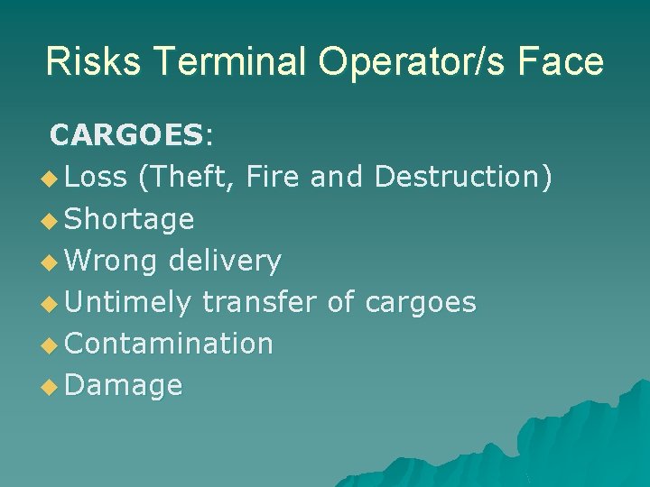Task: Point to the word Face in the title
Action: tap(565, 62)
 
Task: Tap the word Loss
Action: tap(97, 177)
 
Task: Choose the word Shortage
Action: tap(130, 219)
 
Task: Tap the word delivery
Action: tap(225, 262)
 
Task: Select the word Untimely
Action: tap(128, 302)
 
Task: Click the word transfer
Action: tap(260, 302)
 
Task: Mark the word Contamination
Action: tap(170, 344)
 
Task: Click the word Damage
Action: tap(125, 386)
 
